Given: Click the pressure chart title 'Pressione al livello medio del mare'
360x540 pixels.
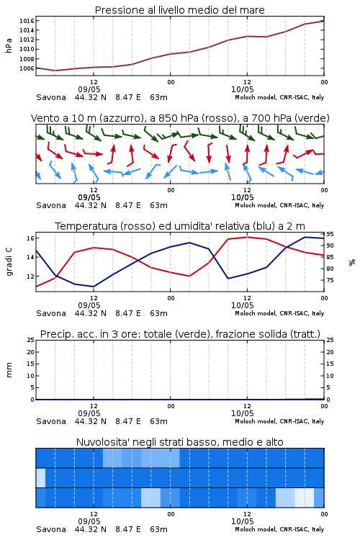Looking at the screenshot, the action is tap(179, 10).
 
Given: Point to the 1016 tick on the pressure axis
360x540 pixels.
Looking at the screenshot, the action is tap(27, 21).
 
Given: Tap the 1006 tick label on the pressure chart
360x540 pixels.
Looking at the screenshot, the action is tap(27, 68).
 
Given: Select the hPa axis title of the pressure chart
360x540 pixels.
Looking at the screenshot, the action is tap(9, 45).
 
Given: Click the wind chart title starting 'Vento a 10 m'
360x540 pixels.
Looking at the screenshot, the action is tap(180, 118).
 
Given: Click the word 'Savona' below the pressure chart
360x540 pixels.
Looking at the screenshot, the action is tap(51, 97).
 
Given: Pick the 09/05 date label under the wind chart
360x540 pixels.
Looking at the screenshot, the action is tap(89, 197).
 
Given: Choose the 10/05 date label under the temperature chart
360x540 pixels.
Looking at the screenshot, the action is tap(242, 305).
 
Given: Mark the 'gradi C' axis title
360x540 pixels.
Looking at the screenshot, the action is tap(9, 262).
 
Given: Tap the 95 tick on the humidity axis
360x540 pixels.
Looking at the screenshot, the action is tap(330, 234).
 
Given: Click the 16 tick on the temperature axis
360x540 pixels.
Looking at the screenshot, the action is tap(30, 238).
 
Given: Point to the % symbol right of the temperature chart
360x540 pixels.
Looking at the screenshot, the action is tap(352, 262).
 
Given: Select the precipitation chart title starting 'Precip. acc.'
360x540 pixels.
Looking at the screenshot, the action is tap(180, 334).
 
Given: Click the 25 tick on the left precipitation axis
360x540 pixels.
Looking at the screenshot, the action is tap(30, 340).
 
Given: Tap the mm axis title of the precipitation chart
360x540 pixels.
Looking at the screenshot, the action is tap(9, 370).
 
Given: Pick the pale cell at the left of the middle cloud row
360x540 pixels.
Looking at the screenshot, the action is tap(40, 477).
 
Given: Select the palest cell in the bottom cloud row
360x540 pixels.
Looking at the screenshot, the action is tap(304, 498).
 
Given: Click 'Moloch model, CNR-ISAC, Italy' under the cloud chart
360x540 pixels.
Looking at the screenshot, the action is tap(279, 529).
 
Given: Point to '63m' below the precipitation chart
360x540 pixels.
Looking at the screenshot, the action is tap(159, 421).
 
